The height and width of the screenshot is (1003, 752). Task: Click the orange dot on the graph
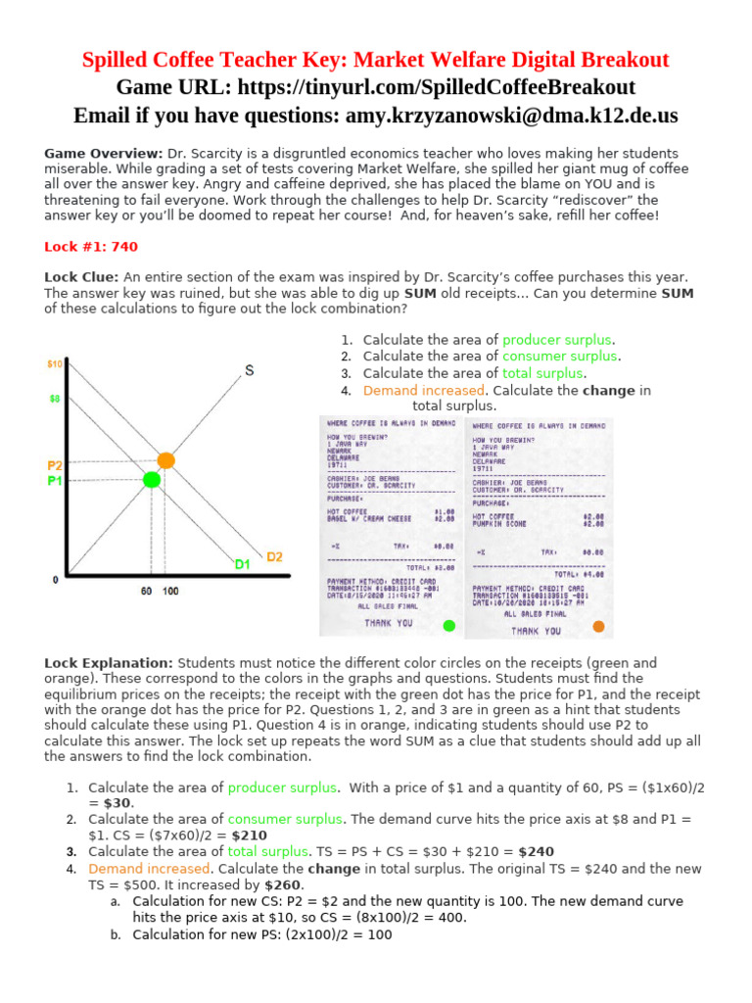click(165, 459)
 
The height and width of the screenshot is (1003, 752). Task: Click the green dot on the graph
click(151, 479)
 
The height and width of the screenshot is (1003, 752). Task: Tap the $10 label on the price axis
click(56, 364)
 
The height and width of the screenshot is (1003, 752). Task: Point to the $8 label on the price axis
click(55, 400)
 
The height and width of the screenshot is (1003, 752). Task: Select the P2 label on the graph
click(55, 465)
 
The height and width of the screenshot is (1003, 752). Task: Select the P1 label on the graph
click(55, 481)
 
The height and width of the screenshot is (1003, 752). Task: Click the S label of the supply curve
click(249, 370)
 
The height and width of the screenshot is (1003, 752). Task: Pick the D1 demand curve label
click(242, 564)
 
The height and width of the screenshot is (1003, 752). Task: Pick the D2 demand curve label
click(274, 556)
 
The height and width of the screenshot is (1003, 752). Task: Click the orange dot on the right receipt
click(598, 627)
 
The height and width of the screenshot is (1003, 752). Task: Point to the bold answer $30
click(118, 802)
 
